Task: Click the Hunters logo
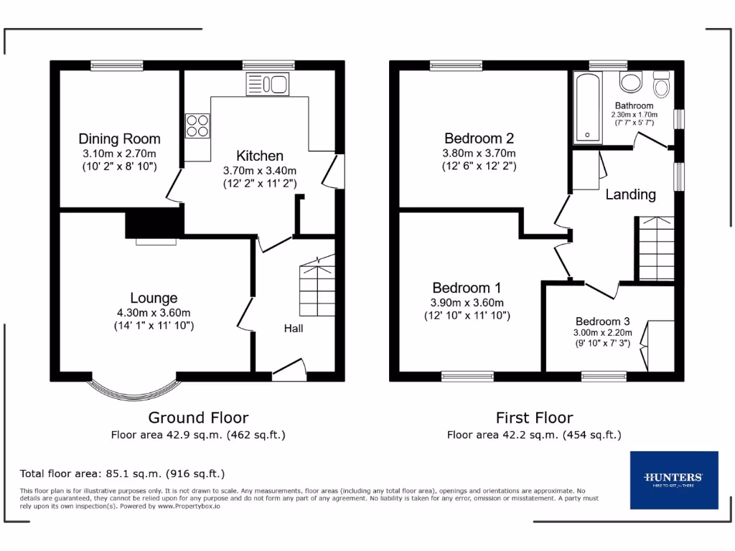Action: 673,479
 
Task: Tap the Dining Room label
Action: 119,139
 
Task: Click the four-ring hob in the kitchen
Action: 197,127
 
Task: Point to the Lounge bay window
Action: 134,387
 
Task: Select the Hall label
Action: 293,328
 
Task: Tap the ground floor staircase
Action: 317,287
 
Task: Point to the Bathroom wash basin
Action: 631,83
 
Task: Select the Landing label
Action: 630,194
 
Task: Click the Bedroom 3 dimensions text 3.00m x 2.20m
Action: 603,333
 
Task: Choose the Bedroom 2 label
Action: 479,138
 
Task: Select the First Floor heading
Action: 534,418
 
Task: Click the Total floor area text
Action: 122,474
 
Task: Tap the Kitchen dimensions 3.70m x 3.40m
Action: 260,171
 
